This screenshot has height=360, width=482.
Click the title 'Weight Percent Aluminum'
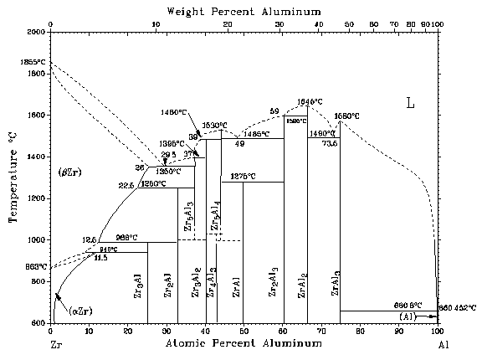(244, 10)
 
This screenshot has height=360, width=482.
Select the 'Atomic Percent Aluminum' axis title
(244, 344)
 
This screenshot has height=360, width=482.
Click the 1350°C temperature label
(168, 171)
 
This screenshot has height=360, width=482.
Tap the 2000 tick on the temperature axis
(38, 32)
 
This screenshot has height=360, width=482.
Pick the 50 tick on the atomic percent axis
(244, 332)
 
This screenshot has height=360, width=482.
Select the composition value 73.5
(329, 143)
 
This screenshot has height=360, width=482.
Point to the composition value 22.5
(126, 186)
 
